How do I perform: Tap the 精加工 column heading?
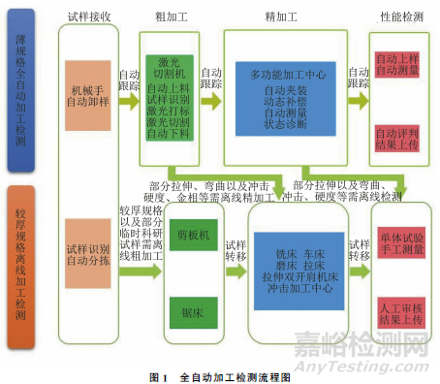click(278, 16)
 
